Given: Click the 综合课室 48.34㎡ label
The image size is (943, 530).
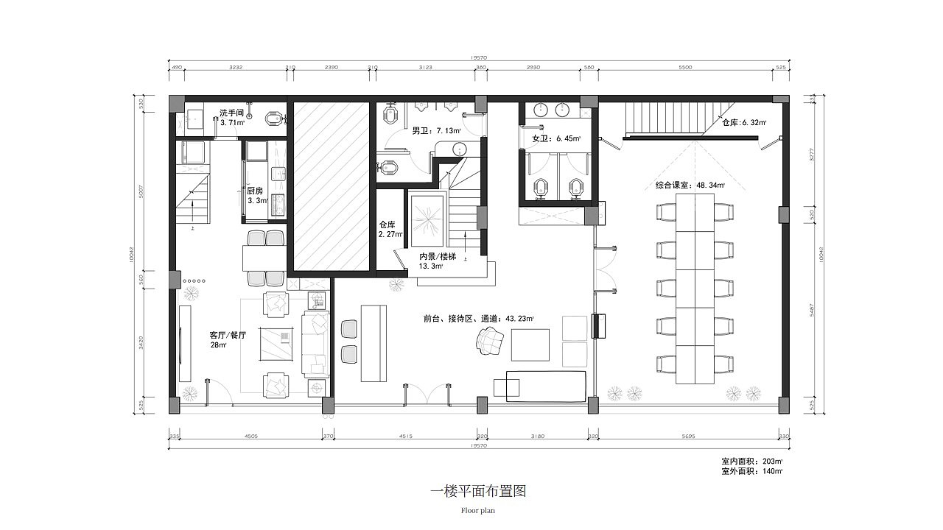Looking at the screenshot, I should (690, 185).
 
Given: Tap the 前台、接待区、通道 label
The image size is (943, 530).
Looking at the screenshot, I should (477, 319).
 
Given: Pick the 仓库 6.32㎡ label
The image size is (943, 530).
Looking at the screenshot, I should (744, 123).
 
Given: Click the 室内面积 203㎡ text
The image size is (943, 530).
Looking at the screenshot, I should (751, 462).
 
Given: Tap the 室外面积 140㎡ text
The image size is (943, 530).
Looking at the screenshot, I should (751, 471).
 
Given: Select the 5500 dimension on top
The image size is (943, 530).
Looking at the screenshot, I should (684, 67).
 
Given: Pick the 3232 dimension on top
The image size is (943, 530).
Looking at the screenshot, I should (236, 67).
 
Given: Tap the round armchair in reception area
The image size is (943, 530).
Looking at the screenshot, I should (489, 341).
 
